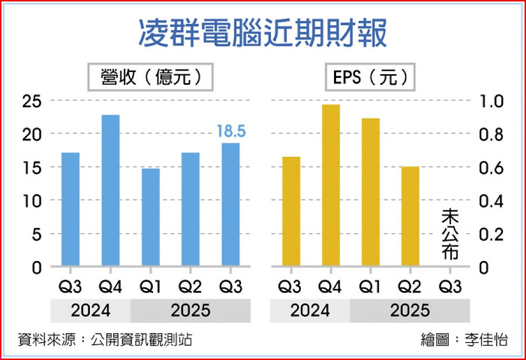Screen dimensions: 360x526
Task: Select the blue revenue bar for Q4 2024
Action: [110, 190]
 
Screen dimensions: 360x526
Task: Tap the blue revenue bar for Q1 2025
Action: [150, 217]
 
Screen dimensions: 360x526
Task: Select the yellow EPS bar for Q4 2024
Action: [331, 185]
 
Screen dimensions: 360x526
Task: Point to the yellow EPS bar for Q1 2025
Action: [371, 192]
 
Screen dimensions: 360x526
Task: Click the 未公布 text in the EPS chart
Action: [450, 234]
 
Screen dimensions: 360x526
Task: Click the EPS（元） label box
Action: [370, 78]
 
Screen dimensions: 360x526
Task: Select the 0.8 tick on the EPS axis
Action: [490, 135]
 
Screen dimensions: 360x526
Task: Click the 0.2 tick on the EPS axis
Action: [490, 234]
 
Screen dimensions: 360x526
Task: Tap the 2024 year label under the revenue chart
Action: [90, 311]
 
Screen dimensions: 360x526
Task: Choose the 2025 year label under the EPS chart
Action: [410, 311]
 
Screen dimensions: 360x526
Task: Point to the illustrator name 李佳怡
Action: [487, 339]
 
